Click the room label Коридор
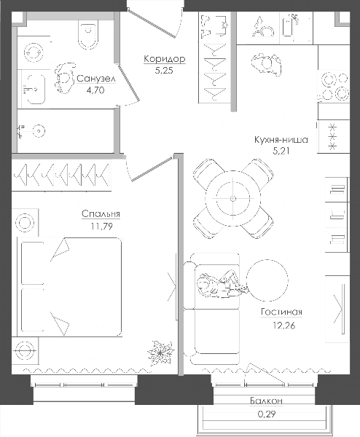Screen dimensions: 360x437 point(165,59)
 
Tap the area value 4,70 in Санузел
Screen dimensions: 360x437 point(95,90)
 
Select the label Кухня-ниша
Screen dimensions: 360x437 point(281,140)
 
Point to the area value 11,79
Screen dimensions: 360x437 point(101,227)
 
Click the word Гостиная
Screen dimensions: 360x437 point(281,312)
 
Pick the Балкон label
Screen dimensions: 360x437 point(266,401)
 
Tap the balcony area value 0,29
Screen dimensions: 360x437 point(267,414)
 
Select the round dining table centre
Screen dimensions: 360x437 point(233,198)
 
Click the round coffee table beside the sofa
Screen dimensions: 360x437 point(267,280)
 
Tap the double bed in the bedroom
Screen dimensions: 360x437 point(69,287)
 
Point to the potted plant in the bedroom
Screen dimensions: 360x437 point(160,353)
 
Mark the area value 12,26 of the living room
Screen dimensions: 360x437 point(283,326)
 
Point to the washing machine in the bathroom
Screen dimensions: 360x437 point(34,52)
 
